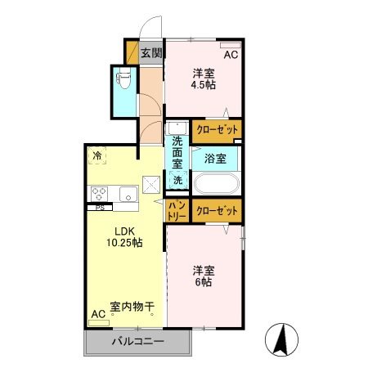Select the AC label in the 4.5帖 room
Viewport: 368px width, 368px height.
coord(231,55)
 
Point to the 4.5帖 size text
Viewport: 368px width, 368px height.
coord(204,83)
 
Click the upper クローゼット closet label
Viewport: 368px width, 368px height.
coord(218,130)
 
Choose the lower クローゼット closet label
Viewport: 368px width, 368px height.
coord(218,211)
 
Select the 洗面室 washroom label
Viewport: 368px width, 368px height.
coord(177,150)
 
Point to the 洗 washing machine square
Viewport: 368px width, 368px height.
coord(177,179)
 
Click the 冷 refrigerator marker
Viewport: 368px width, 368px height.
coord(97,155)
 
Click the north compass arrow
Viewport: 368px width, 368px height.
coord(282,338)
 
